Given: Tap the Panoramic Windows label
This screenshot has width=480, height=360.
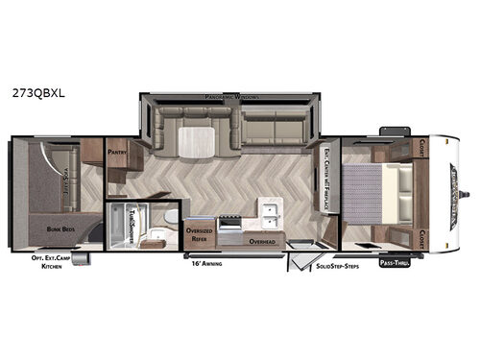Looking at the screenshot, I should pyautogui.click(x=233, y=98).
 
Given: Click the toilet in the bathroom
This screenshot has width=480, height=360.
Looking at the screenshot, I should pyautogui.click(x=168, y=219).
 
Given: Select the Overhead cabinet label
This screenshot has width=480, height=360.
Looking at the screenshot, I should pyautogui.click(x=263, y=242).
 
